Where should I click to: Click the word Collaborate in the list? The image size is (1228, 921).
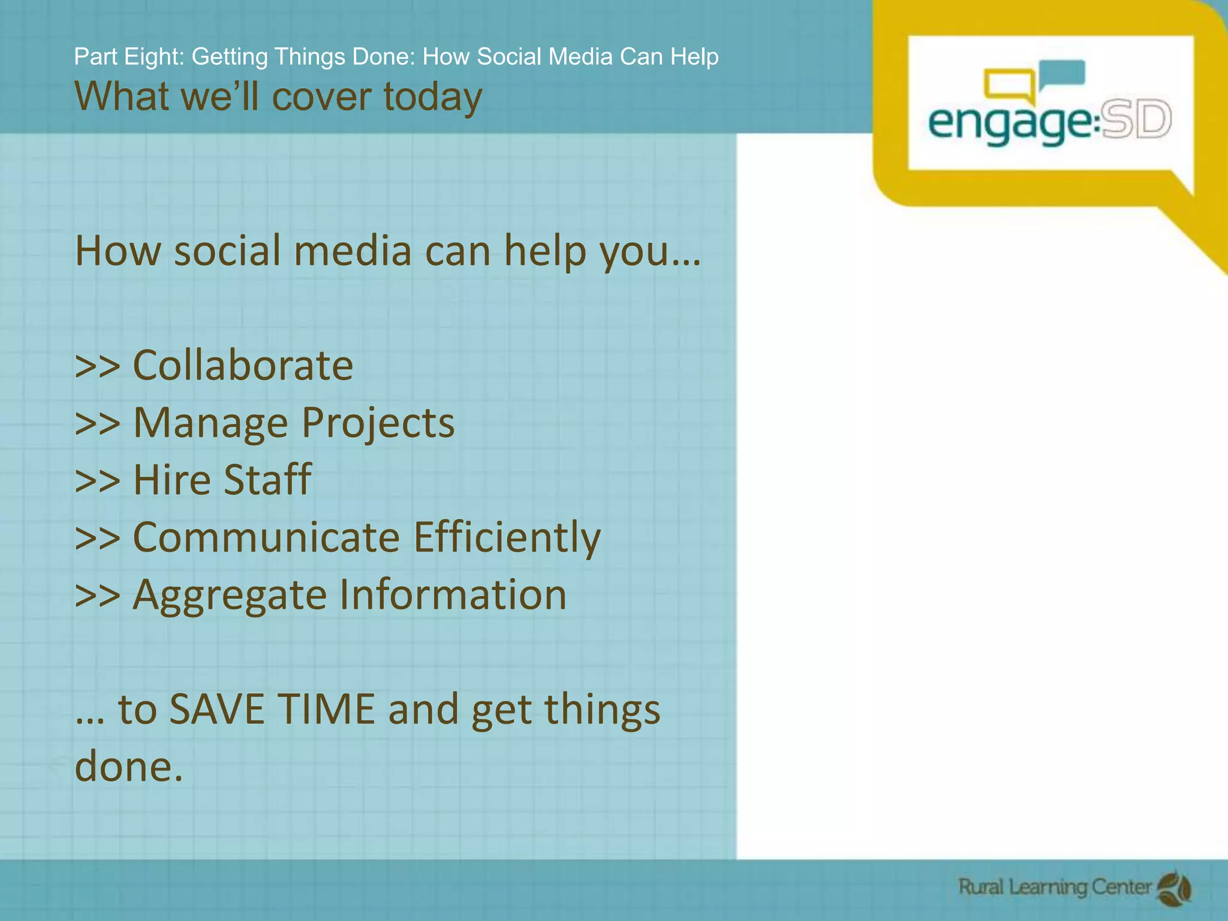pyautogui.click(x=243, y=365)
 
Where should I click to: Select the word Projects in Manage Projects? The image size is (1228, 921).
pyautogui.click(x=378, y=423)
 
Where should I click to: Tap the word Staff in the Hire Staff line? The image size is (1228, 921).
pyautogui.click(x=267, y=480)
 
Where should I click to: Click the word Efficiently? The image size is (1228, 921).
pyautogui.click(x=507, y=537)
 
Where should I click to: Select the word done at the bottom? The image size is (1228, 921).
pyautogui.click(x=128, y=766)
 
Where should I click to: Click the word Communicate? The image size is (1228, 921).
pyautogui.click(x=266, y=537)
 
